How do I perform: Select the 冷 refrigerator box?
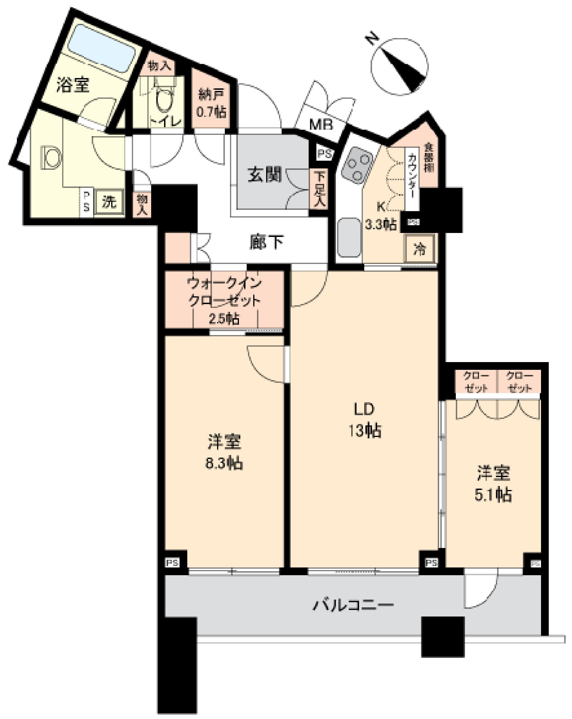(x=420, y=249)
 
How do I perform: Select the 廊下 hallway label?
(x=267, y=243)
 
